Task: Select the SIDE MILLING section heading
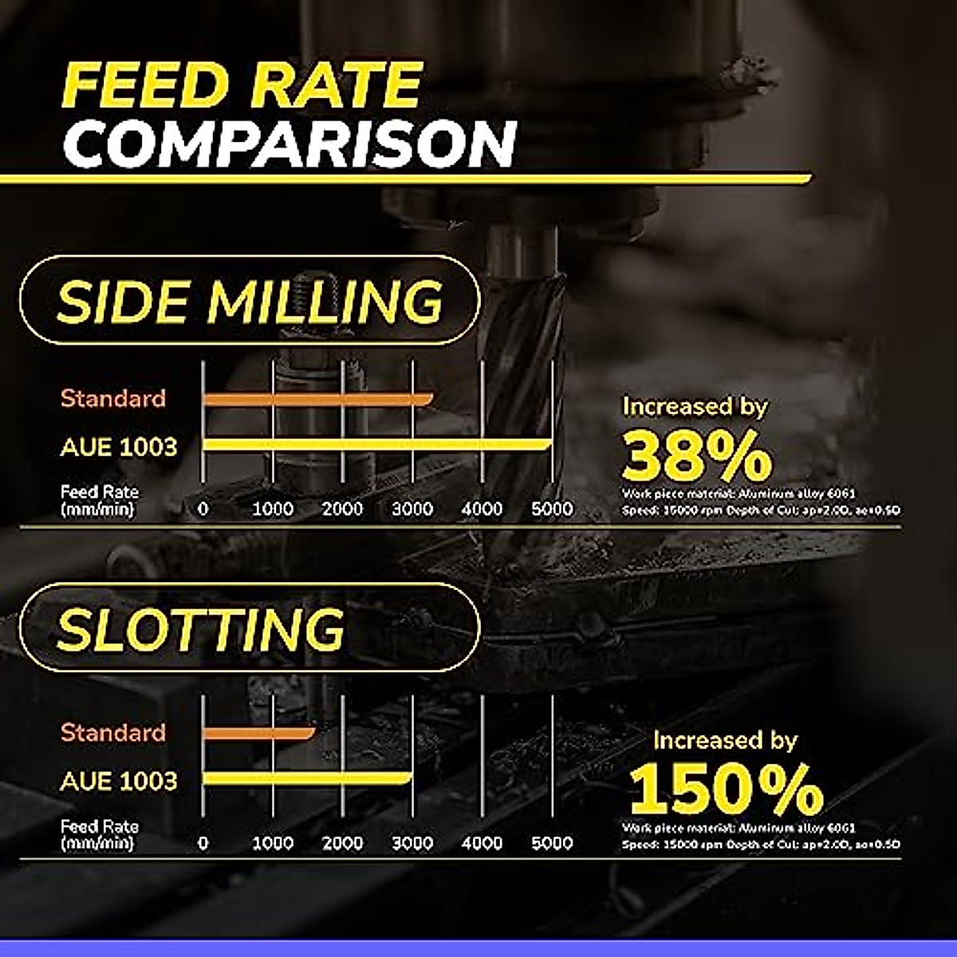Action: pyautogui.click(x=250, y=301)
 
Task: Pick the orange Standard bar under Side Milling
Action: pyautogui.click(x=317, y=399)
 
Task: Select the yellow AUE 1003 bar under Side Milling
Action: pyautogui.click(x=376, y=444)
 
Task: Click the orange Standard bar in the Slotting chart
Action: pyautogui.click(x=258, y=732)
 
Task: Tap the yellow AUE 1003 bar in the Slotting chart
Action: pyautogui.click(x=307, y=778)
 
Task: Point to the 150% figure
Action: pyautogui.click(x=726, y=790)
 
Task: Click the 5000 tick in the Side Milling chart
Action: pyautogui.click(x=552, y=509)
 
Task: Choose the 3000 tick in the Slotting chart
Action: pyautogui.click(x=412, y=843)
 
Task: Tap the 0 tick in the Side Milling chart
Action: pyautogui.click(x=203, y=509)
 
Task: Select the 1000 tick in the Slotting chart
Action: pyautogui.click(x=273, y=843)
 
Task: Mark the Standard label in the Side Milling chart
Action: pyautogui.click(x=113, y=398)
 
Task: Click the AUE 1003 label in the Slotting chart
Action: pyautogui.click(x=119, y=780)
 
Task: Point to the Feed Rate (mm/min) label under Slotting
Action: pyautogui.click(x=99, y=835)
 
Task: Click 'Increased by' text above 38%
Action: pyautogui.click(x=695, y=406)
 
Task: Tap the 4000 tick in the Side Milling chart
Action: pyautogui.click(x=482, y=509)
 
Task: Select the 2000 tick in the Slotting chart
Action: pyautogui.click(x=343, y=843)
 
